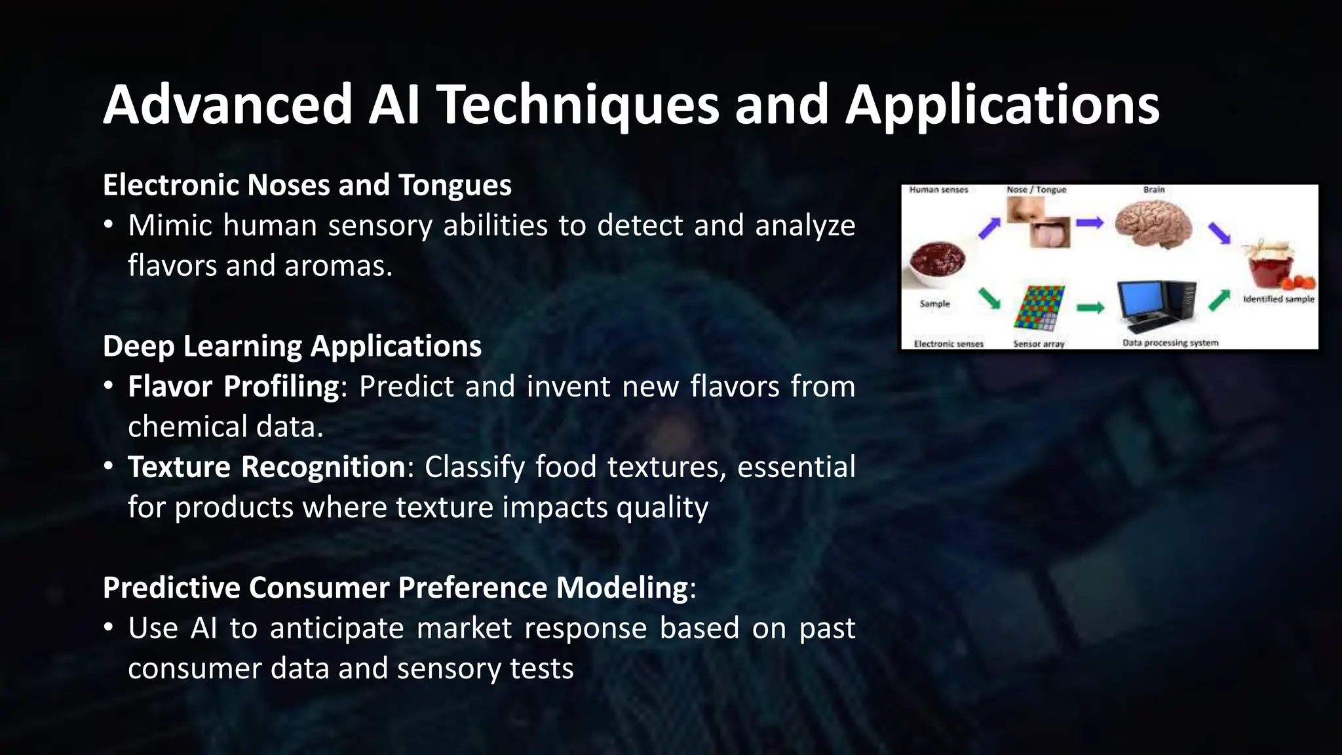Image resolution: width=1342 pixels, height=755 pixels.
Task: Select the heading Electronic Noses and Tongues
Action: [x=307, y=185]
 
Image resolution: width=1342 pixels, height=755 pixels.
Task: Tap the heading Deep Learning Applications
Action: [x=292, y=346]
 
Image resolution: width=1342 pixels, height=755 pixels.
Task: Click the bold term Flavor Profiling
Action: [x=233, y=387]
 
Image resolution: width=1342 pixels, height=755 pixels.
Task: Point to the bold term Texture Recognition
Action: [x=267, y=467]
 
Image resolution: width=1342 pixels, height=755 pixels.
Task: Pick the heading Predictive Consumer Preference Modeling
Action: [x=395, y=587]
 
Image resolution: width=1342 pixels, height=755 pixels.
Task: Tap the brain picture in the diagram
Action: [x=1153, y=224]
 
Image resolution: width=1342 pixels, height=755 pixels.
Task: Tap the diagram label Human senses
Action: [x=938, y=190]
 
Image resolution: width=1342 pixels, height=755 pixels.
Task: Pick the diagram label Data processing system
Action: [x=1170, y=343]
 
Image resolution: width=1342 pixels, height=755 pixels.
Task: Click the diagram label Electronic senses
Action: [x=948, y=343]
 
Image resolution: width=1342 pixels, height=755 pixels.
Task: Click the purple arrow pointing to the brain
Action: [x=1090, y=223]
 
